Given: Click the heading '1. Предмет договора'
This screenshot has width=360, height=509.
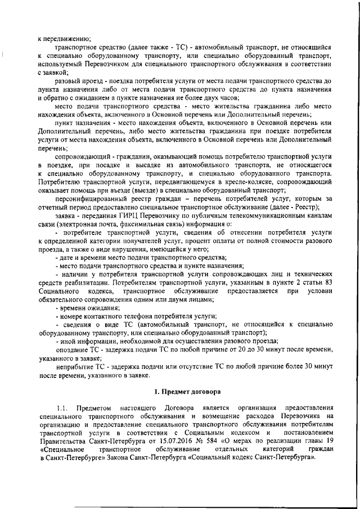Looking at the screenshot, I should [x=188, y=390].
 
